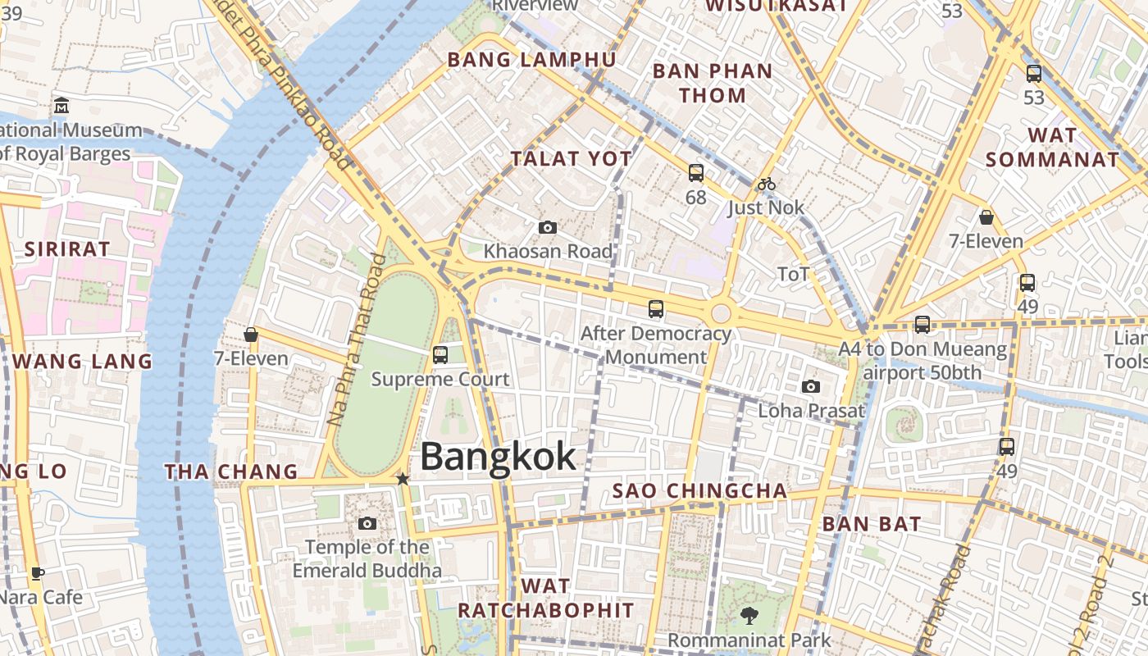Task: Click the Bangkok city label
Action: click(x=498, y=457)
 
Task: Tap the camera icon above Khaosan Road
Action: click(x=548, y=227)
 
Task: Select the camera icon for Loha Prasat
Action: click(x=810, y=386)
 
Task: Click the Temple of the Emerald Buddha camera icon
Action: click(x=367, y=523)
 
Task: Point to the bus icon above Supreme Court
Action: click(x=440, y=355)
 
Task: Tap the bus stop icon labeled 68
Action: click(x=695, y=173)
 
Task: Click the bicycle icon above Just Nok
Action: click(x=766, y=184)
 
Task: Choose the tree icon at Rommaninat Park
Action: click(x=749, y=615)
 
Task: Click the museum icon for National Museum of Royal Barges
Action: click(x=61, y=106)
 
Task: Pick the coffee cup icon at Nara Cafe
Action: click(x=37, y=573)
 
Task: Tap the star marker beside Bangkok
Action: click(x=403, y=478)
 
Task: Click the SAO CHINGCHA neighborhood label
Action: click(x=700, y=491)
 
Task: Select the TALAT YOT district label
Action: click(x=572, y=159)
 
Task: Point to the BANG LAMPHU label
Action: click(x=531, y=60)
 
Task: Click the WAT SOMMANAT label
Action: click(x=1052, y=147)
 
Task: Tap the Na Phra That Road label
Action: click(x=357, y=339)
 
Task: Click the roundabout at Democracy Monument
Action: click(x=721, y=312)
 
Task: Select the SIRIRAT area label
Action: click(x=66, y=249)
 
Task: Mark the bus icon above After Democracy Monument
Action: click(x=656, y=309)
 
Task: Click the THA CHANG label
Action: click(x=231, y=471)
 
